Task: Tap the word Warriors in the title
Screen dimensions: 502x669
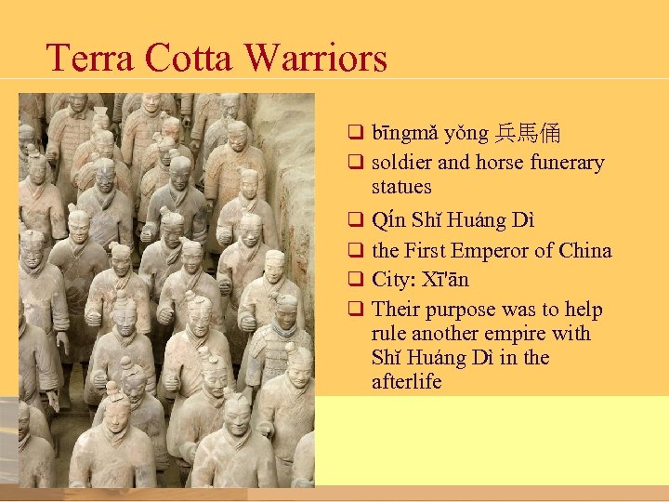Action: [316, 59]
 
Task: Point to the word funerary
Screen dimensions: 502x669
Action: [567, 163]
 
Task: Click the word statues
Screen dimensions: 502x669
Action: [401, 187]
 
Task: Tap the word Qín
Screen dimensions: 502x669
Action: [387, 221]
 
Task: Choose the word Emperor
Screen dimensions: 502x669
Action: [496, 250]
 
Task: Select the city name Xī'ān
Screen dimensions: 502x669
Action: [446, 280]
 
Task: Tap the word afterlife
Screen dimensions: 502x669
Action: [406, 382]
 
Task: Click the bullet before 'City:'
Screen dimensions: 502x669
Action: [354, 280]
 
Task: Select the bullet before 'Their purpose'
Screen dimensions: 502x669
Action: [354, 310]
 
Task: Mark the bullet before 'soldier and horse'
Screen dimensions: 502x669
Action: [354, 163]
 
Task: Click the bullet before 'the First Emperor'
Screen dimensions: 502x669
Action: [354, 250]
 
